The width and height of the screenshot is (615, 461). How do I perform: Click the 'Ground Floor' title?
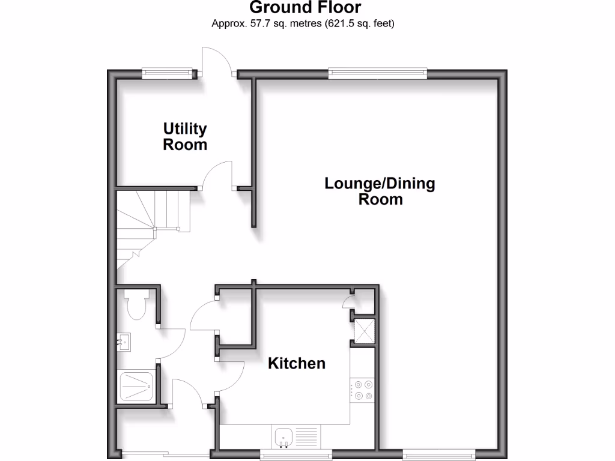pyautogui.click(x=304, y=8)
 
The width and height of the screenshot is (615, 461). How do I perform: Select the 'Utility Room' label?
pyautogui.click(x=185, y=137)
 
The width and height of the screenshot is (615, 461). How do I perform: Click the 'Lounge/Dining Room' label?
pyautogui.click(x=380, y=191)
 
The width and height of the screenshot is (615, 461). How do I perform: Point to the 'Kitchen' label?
pyautogui.click(x=297, y=363)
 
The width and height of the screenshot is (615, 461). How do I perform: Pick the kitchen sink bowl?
pyautogui.click(x=282, y=437)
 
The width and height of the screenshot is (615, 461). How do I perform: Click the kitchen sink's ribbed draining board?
pyautogui.click(x=306, y=436)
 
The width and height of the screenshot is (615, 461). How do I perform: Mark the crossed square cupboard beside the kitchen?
pyautogui.click(x=363, y=331)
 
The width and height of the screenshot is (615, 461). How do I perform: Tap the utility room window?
pyautogui.click(x=169, y=74)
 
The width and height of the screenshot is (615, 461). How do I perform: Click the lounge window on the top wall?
pyautogui.click(x=378, y=74)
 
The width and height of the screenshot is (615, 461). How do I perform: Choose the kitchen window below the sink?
pyautogui.click(x=296, y=454)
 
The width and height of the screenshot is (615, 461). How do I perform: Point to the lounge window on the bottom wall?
pyautogui.click(x=440, y=454)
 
